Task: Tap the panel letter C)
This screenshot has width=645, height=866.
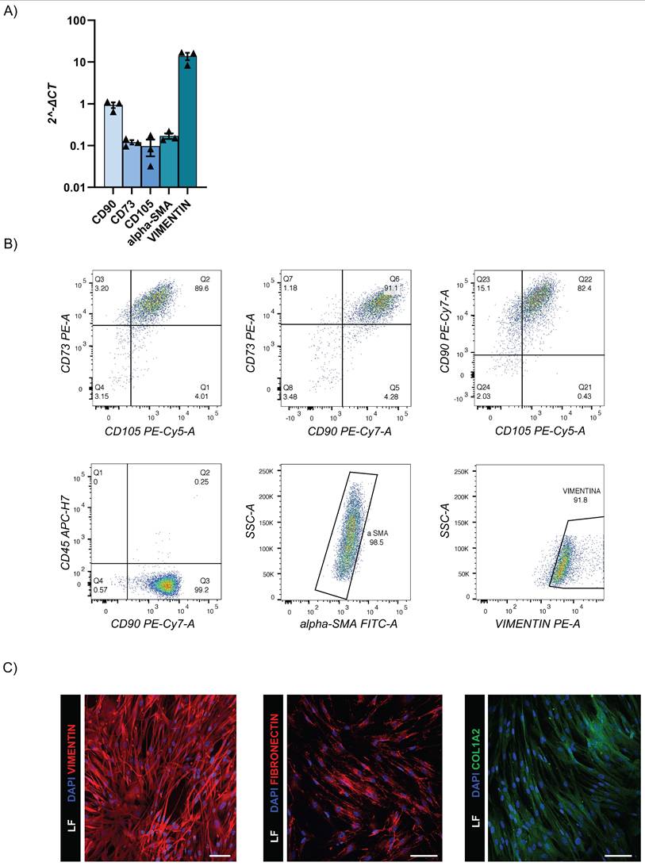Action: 12,667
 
